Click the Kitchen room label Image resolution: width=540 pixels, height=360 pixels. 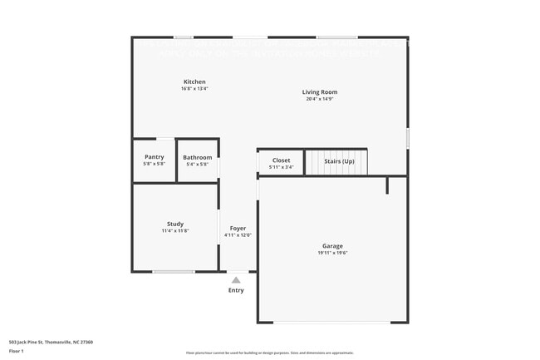tap(194, 81)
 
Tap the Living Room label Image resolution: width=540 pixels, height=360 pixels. tap(320, 92)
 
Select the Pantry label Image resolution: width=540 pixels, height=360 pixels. tap(155, 156)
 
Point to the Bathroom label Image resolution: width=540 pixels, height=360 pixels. tap(198, 157)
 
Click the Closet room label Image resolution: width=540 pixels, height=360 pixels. tap(282, 160)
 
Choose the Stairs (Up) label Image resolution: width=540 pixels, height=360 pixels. tap(339, 160)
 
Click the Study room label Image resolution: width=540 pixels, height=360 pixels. tap(175, 224)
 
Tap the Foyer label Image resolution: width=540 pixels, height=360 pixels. tap(238, 228)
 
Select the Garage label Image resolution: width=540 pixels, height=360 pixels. tap(332, 246)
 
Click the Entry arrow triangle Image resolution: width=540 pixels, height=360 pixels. tap(237, 280)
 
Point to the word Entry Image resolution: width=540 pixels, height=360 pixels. tap(237, 290)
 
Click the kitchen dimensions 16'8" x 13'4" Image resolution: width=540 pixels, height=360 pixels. tap(194, 89)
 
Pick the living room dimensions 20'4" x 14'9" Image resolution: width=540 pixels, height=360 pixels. tap(320, 100)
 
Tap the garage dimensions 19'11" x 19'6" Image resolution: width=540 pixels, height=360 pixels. tap(332, 253)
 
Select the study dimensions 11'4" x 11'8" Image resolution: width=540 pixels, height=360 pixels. tap(175, 230)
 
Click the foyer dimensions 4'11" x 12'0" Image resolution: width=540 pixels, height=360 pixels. tap(238, 235)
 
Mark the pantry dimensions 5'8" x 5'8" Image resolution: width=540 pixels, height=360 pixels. tap(155, 164)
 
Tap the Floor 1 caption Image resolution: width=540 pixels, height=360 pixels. tap(17, 351)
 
